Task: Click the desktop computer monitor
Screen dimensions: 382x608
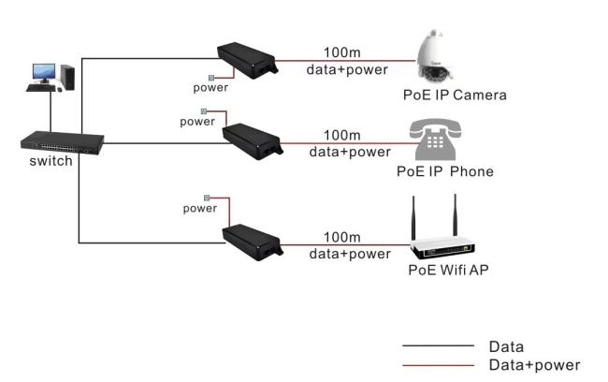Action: click(43, 73)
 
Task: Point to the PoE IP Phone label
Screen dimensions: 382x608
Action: click(444, 171)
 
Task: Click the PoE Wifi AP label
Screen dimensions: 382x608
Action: click(447, 271)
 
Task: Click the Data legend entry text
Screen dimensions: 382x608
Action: click(506, 346)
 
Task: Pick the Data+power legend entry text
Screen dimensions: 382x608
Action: click(534, 364)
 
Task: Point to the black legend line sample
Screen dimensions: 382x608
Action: click(438, 346)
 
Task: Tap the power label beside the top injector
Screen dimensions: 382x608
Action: click(210, 88)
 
